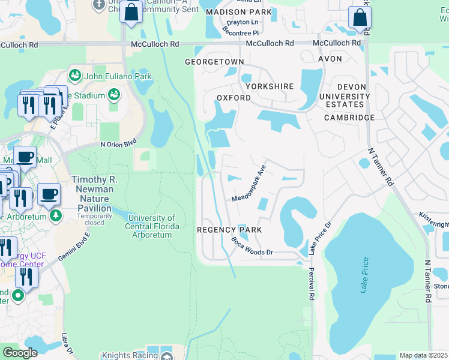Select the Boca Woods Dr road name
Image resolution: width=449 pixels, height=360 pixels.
coord(252,247)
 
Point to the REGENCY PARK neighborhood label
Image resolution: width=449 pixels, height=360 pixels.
coord(229,230)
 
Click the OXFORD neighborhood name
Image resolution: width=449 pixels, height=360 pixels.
coord(234,98)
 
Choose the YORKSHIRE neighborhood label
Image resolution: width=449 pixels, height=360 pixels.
coord(269,86)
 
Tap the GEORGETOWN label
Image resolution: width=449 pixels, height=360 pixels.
coord(214,62)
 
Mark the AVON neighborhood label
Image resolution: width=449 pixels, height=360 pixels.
coord(330,59)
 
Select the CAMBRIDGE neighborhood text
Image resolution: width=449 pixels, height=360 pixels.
coord(349,118)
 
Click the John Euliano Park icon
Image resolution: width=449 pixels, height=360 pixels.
coord(74,76)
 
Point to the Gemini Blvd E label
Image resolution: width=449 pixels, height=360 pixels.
coord(74,245)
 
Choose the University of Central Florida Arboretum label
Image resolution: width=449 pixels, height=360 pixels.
coord(152,226)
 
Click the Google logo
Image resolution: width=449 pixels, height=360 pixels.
coord(20,353)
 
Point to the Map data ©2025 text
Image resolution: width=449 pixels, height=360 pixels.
coord(423,355)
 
